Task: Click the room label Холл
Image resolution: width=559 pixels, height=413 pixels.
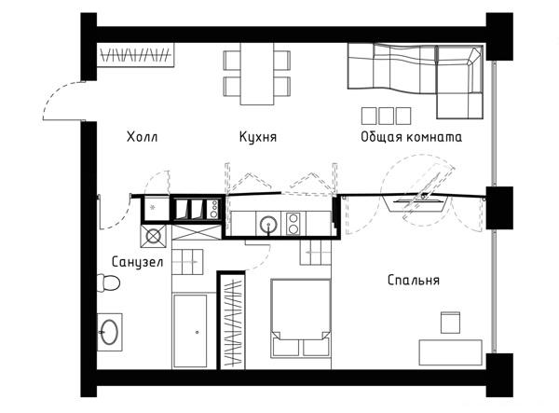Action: [142, 137]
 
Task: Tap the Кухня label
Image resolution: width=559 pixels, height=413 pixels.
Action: [258, 137]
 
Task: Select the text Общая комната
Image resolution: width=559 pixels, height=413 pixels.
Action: [411, 137]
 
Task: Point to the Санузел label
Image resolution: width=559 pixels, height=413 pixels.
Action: [138, 262]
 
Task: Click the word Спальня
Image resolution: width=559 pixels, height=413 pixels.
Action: [414, 280]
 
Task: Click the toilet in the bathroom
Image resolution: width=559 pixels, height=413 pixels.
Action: [108, 283]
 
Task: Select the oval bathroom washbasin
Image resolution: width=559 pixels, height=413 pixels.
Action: [109, 332]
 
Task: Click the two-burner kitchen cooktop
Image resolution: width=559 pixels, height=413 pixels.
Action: [293, 224]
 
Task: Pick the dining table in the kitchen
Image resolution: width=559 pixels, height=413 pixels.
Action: [257, 74]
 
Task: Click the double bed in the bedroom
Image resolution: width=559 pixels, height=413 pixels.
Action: [301, 318]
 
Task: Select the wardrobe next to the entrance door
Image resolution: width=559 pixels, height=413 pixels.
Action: [136, 55]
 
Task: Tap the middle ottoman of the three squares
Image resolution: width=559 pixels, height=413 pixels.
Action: [386, 116]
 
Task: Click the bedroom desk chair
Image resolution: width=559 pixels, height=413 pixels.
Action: [450, 323]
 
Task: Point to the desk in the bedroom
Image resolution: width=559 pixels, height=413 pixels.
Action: [451, 352]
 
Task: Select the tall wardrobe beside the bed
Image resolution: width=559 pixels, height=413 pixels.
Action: [232, 321]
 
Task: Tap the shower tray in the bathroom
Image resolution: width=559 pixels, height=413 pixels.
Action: [190, 331]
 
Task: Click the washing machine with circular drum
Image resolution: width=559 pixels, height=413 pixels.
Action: [154, 236]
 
